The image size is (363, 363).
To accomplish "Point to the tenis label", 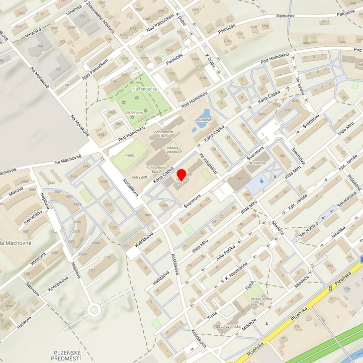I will pos(130,155).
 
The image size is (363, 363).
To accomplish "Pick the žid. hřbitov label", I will pos(136,115).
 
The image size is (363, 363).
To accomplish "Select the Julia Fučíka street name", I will pos(226,251).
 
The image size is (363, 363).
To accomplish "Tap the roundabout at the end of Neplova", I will pos(93,310).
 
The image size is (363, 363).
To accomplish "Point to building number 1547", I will pos(238,179).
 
